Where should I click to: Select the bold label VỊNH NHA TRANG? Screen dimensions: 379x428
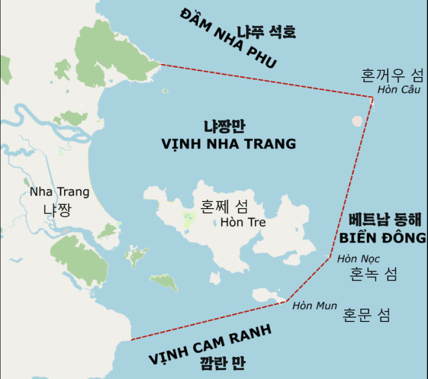coord(229,144)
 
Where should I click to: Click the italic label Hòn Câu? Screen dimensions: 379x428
coord(399,90)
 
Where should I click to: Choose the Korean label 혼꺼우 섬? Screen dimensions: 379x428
coord(392,74)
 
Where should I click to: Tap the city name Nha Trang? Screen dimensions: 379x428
coord(59,193)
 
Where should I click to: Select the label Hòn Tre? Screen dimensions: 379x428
coord(243,222)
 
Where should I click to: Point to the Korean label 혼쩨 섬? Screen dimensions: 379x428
coord(224,207)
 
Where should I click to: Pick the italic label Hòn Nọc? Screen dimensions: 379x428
coord(358,258)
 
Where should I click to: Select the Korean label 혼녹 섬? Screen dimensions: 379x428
coord(374,273)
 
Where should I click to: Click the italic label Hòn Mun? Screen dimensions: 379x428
coord(314,305)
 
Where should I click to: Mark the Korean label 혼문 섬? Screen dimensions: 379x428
coord(367,315)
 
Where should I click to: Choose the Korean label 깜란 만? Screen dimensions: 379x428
coord(223,363)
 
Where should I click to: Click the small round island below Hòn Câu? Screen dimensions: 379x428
coord(358,121)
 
